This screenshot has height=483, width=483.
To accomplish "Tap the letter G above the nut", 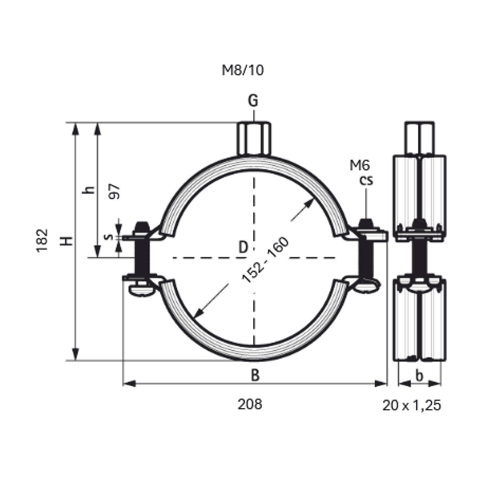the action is click(253, 101).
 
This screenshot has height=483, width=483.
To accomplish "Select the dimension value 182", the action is click(42, 241).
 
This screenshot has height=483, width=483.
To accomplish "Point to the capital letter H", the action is click(66, 241).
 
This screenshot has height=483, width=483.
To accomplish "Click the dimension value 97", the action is click(114, 191).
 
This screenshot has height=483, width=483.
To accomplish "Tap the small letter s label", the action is click(109, 236).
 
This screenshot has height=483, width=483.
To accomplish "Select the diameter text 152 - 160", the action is click(265, 260).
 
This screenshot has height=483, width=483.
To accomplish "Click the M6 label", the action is click(360, 165).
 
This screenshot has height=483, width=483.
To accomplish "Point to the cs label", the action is click(366, 180).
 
